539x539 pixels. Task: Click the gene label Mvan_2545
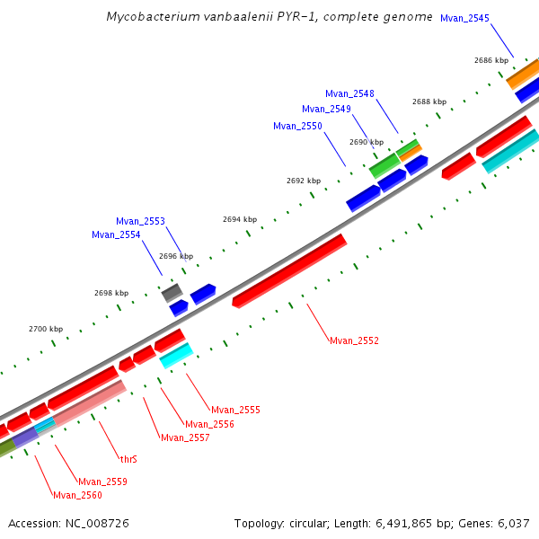click(x=464, y=18)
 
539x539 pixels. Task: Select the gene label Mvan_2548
click(x=349, y=93)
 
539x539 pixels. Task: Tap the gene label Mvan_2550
click(x=297, y=126)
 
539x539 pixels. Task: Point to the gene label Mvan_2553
click(x=140, y=221)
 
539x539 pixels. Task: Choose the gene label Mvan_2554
click(x=116, y=235)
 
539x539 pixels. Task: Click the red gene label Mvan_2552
click(x=354, y=341)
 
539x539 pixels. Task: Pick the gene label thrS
click(x=128, y=459)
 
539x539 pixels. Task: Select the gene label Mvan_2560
click(x=77, y=495)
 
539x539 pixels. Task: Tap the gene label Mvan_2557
click(x=185, y=438)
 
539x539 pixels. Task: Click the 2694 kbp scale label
click(x=240, y=219)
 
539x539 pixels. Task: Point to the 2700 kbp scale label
click(x=46, y=329)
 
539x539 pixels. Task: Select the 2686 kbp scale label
click(x=491, y=60)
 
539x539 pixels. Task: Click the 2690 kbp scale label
click(x=367, y=142)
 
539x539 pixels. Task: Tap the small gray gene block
click(x=172, y=292)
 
